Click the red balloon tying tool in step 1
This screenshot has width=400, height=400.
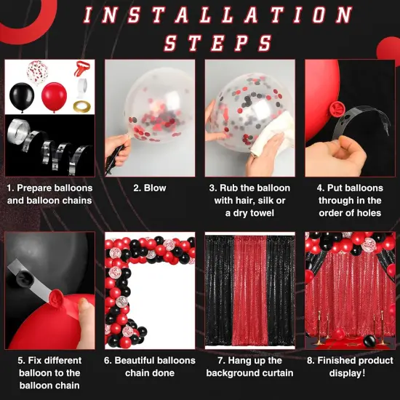[x=80, y=70]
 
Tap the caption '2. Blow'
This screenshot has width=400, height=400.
[x=150, y=188]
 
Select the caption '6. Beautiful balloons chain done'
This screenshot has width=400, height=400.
[x=150, y=367]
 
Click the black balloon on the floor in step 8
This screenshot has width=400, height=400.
[x=369, y=341]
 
